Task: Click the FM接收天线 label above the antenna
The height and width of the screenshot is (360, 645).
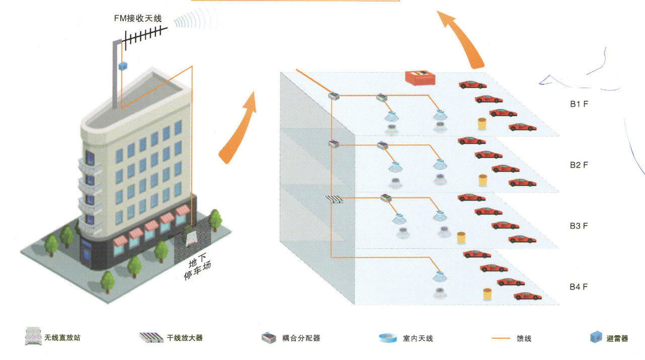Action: tap(138, 19)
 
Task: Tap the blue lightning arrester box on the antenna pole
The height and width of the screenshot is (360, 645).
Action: tap(123, 66)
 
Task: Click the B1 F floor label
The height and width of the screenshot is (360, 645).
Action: tap(579, 104)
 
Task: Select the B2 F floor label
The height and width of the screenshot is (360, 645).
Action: tap(579, 165)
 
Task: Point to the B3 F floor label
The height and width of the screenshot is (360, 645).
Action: tap(579, 226)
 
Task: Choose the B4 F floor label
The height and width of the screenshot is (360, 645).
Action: tap(579, 287)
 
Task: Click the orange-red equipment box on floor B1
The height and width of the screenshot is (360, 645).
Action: tap(420, 78)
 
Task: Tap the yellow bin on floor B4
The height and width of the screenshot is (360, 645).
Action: tap(487, 294)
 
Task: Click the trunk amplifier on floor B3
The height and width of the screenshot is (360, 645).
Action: tap(334, 199)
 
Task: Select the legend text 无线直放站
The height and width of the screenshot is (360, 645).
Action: tap(62, 337)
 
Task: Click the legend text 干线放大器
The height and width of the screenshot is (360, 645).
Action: tap(185, 338)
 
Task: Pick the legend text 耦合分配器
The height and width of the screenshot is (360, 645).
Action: tap(301, 338)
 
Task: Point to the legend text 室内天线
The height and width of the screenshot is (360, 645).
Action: tap(418, 338)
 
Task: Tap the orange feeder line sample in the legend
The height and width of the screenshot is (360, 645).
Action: tap(501, 338)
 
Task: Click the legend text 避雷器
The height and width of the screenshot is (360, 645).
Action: tap(617, 338)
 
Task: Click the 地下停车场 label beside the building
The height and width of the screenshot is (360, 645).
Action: tap(198, 266)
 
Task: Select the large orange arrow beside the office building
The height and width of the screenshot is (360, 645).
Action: tap(238, 128)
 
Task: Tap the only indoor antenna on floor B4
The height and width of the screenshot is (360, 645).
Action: tap(440, 276)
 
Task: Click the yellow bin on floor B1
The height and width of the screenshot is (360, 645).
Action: tap(482, 124)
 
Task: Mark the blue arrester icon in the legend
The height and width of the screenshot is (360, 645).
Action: tap(596, 337)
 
